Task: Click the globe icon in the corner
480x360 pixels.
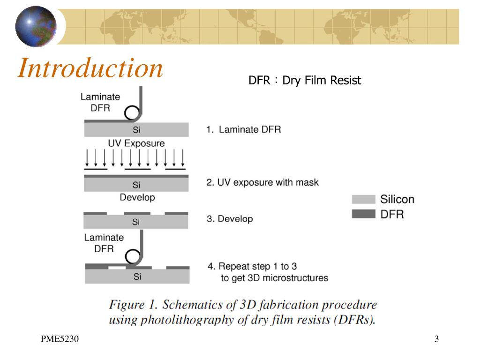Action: tap(36, 26)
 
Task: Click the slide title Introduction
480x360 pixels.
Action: tap(90, 68)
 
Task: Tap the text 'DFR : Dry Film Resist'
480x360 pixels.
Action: tap(305, 81)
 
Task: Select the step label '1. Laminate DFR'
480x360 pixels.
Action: tap(243, 129)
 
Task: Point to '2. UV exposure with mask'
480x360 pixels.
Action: tap(262, 182)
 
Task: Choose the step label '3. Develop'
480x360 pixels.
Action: tap(229, 218)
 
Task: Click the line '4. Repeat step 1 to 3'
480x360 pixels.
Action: tap(252, 266)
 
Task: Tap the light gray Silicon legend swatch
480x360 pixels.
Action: tap(363, 199)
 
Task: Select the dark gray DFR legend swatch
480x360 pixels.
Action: tap(363, 214)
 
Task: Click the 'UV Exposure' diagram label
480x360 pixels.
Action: tap(136, 143)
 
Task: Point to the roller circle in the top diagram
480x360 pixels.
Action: tap(132, 112)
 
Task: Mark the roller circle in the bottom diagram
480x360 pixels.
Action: tap(133, 257)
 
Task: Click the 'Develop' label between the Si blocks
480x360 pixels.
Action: tap(137, 197)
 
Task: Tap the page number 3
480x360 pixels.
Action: tap(436, 339)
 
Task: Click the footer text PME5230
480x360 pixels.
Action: tap(60, 339)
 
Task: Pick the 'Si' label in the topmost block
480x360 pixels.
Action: tap(136, 130)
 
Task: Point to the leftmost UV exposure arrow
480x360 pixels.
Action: tap(88, 158)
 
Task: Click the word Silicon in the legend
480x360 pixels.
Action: tap(397, 199)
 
